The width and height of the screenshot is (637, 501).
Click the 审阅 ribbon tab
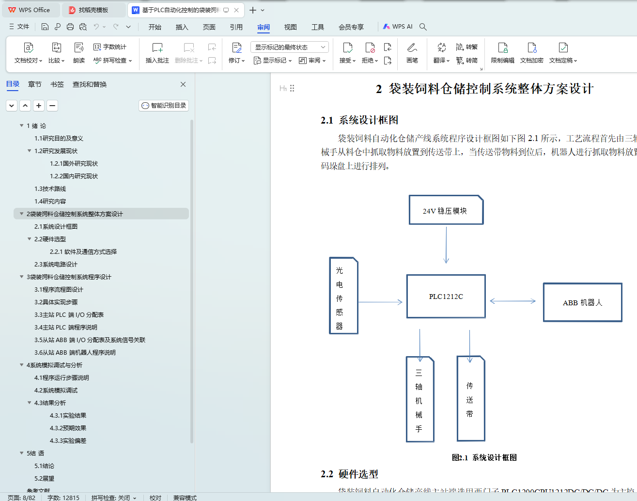click(264, 27)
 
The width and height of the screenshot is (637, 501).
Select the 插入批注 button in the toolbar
click(157, 53)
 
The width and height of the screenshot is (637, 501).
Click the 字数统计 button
click(110, 47)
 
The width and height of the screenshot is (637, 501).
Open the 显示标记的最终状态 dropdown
click(290, 47)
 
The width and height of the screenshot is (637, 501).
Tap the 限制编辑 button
click(503, 53)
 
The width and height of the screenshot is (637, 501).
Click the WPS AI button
click(398, 27)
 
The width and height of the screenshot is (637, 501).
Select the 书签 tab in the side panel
click(57, 84)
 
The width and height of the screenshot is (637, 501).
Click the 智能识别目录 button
click(164, 106)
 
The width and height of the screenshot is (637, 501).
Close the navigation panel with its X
click(183, 84)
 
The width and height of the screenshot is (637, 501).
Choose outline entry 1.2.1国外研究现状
click(74, 164)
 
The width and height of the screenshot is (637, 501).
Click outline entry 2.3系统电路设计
click(56, 265)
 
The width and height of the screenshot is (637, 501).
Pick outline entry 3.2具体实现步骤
click(56, 302)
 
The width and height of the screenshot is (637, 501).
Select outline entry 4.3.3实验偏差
click(68, 441)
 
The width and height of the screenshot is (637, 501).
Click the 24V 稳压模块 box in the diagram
click(446, 210)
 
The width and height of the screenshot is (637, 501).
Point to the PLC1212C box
click(446, 297)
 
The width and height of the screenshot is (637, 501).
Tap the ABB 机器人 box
click(582, 302)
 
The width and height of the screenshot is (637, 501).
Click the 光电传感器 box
click(343, 296)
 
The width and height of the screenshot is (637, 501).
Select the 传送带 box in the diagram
click(470, 399)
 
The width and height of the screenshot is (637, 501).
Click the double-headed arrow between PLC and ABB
click(513, 301)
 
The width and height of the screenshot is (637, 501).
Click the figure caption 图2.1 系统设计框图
click(484, 457)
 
